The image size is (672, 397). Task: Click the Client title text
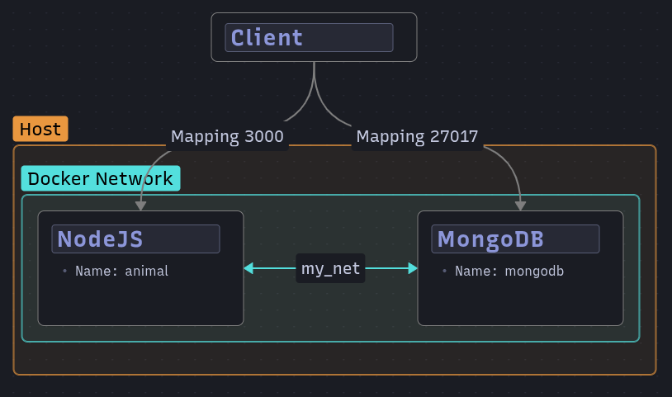[x=267, y=38]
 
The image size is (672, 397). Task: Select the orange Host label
[x=40, y=130]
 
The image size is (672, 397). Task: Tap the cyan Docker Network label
[x=100, y=179]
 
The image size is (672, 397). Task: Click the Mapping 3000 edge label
[x=227, y=137]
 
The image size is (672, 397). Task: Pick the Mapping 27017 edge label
[x=417, y=137]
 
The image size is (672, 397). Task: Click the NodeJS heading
[x=100, y=239]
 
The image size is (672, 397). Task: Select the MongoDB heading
[x=490, y=239]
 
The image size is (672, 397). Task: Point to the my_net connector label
[x=330, y=268]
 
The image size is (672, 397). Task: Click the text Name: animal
[x=121, y=271]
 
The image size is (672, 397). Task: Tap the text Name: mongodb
[x=509, y=271]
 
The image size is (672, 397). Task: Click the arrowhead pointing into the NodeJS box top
[x=140, y=206]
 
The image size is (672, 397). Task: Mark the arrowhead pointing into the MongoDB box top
[x=520, y=206]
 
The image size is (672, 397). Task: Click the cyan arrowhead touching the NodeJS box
[x=248, y=268]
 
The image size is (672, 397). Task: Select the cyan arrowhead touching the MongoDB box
[x=412, y=268]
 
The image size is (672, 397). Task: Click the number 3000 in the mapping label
[x=264, y=137]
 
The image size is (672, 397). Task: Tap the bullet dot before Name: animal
[x=64, y=271]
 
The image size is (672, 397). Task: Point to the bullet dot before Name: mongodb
[x=444, y=271]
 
